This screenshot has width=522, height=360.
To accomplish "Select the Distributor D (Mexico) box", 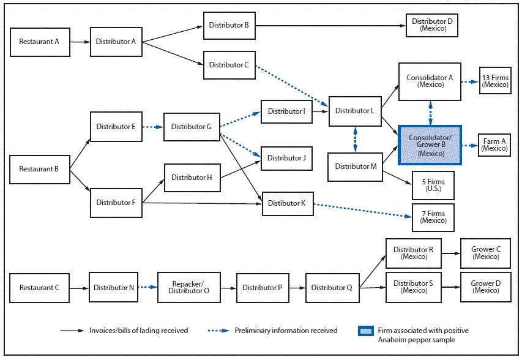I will tap(432, 25).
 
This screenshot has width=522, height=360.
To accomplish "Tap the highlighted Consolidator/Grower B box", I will tap(430, 146).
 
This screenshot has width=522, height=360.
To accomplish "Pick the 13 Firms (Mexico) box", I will tap(494, 81).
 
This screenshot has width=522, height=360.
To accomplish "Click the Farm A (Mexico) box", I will tap(494, 144).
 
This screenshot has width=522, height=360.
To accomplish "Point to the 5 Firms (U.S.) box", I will tap(433, 185).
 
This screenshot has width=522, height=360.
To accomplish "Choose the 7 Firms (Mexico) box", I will tap(433, 217).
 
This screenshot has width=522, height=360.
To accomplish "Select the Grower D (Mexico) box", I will tap(485, 287).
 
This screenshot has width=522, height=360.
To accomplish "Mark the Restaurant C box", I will tap(39, 288).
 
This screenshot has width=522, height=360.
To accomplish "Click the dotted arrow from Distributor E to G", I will tap(152, 127).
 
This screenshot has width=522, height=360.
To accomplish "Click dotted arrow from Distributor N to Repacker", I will tap(146, 287).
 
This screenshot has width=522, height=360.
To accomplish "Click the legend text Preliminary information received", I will tap(286, 331).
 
